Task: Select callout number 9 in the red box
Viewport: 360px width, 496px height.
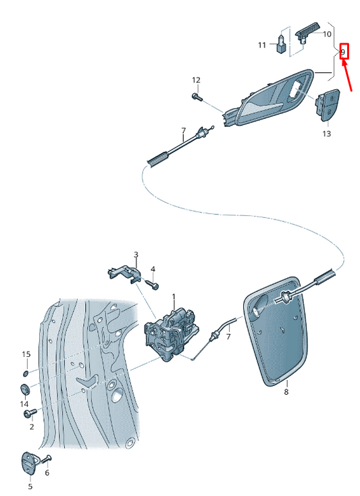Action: tap(343, 51)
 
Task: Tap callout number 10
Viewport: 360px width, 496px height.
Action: tap(327, 34)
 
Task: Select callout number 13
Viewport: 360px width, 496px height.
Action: tap(326, 134)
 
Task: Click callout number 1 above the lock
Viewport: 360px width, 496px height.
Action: tap(173, 297)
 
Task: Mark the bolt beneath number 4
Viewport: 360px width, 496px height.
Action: tap(154, 286)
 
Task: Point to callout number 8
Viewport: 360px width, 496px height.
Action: tap(286, 391)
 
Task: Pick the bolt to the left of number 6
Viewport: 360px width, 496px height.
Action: tap(47, 460)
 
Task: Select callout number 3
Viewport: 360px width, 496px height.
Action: tap(136, 255)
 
